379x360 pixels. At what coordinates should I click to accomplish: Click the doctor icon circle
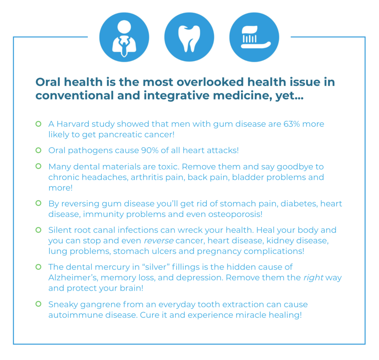pos(124,37)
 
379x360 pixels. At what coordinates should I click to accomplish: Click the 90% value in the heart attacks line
pos(150,150)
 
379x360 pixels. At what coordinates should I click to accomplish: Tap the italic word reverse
pos(158,241)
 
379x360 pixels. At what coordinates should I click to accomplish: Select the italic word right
pos(313,278)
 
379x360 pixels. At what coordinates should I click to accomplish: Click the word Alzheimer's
pos(73,278)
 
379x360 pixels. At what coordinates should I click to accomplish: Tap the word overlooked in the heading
pos(210,82)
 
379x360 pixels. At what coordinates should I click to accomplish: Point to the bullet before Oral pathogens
pos(38,150)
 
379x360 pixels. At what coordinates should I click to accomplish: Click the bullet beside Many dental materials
pos(38,166)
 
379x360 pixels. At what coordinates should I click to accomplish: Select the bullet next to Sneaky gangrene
pos(38,304)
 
